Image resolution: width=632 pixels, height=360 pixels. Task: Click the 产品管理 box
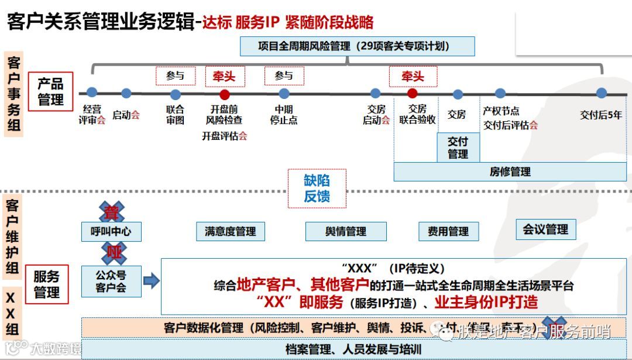coord(50,91)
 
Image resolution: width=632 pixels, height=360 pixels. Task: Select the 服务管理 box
coord(46,284)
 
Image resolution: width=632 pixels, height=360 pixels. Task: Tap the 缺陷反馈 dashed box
coord(317,188)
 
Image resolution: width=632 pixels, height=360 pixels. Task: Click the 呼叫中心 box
coord(111,231)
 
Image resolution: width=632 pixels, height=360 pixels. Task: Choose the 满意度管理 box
coord(230,231)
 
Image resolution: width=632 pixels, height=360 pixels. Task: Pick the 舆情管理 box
coord(346,231)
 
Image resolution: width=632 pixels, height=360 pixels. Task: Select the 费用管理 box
coord(448,231)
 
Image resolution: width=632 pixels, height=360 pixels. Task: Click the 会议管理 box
coord(545,229)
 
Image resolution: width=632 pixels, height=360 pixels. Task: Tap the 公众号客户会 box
coord(111,281)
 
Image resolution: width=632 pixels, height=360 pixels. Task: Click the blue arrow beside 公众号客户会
coord(152,281)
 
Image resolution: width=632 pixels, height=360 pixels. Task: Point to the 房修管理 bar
coord(510,172)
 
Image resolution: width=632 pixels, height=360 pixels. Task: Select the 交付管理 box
coord(458,148)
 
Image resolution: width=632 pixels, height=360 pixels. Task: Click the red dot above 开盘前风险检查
coord(224,94)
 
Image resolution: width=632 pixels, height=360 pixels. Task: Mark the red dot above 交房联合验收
coord(412,93)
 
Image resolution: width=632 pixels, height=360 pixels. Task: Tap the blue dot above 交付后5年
coord(601,92)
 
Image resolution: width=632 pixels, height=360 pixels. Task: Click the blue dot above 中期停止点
coord(284,94)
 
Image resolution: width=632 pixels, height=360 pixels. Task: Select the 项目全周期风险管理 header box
coord(358,46)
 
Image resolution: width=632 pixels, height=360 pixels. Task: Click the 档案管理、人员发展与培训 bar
coord(353,349)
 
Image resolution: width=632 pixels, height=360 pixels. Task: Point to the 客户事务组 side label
coord(13,95)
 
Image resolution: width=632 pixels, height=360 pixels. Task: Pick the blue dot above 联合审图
coord(175,94)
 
